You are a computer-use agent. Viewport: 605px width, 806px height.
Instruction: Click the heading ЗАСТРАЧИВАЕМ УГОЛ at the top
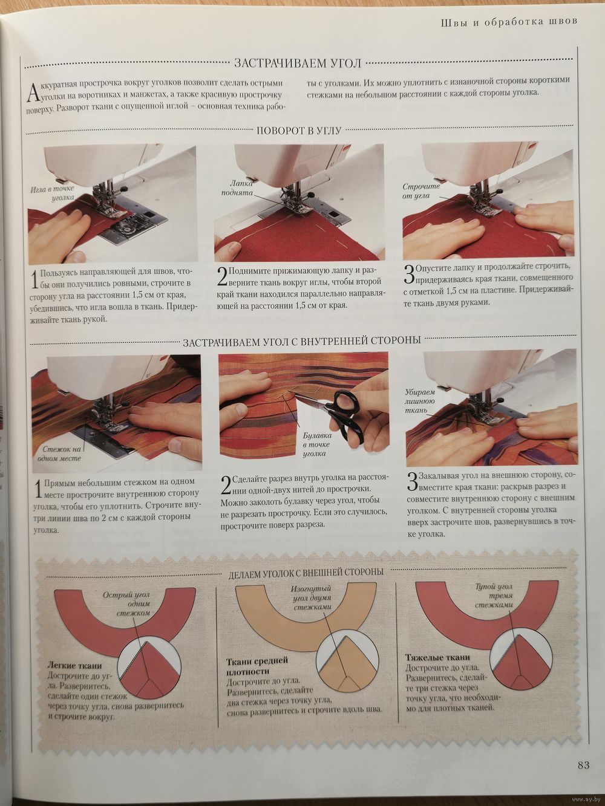pyautogui.click(x=298, y=63)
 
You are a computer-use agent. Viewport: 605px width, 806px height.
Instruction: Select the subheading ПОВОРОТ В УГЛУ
pyautogui.click(x=299, y=131)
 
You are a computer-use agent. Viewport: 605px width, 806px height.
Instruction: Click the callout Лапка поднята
pyautogui.click(x=237, y=187)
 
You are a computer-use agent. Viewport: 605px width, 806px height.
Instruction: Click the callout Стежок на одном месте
pyautogui.click(x=59, y=453)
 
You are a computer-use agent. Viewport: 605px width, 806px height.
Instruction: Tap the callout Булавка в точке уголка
pyautogui.click(x=317, y=444)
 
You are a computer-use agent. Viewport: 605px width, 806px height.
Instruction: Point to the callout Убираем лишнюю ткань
pyautogui.click(x=419, y=401)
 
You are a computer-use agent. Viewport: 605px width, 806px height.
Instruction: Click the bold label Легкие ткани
pyautogui.click(x=74, y=665)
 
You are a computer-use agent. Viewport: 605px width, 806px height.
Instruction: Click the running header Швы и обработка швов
pyautogui.click(x=509, y=22)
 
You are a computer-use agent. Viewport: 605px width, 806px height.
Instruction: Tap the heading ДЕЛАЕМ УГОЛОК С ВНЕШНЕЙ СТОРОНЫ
pyautogui.click(x=306, y=572)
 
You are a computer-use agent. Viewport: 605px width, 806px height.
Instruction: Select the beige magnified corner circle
pyautogui.click(x=347, y=660)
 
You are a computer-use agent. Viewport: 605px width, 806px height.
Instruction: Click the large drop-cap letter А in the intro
pyautogui.click(x=32, y=93)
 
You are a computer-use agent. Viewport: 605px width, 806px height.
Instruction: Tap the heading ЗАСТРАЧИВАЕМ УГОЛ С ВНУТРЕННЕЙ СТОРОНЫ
pyautogui.click(x=301, y=341)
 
